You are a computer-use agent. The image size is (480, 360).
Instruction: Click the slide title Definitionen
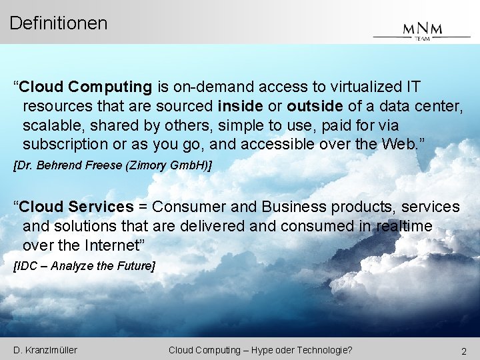click(59, 23)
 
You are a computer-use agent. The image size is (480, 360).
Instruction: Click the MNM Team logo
click(421, 30)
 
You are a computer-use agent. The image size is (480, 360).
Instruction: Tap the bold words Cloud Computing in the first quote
click(86, 87)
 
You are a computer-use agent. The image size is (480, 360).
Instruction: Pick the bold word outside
click(315, 106)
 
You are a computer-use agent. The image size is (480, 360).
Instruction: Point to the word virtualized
click(360, 87)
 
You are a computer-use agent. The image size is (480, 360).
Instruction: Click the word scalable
click(50, 125)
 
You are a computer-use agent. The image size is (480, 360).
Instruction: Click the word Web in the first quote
click(399, 145)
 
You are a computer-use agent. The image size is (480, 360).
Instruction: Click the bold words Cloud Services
click(77, 207)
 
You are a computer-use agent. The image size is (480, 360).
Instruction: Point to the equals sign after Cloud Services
click(143, 207)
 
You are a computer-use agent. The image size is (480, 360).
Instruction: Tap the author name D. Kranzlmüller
click(45, 350)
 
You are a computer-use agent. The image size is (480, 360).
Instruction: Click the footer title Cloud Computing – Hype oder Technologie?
click(261, 350)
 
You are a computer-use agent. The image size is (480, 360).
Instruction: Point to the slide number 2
click(463, 351)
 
